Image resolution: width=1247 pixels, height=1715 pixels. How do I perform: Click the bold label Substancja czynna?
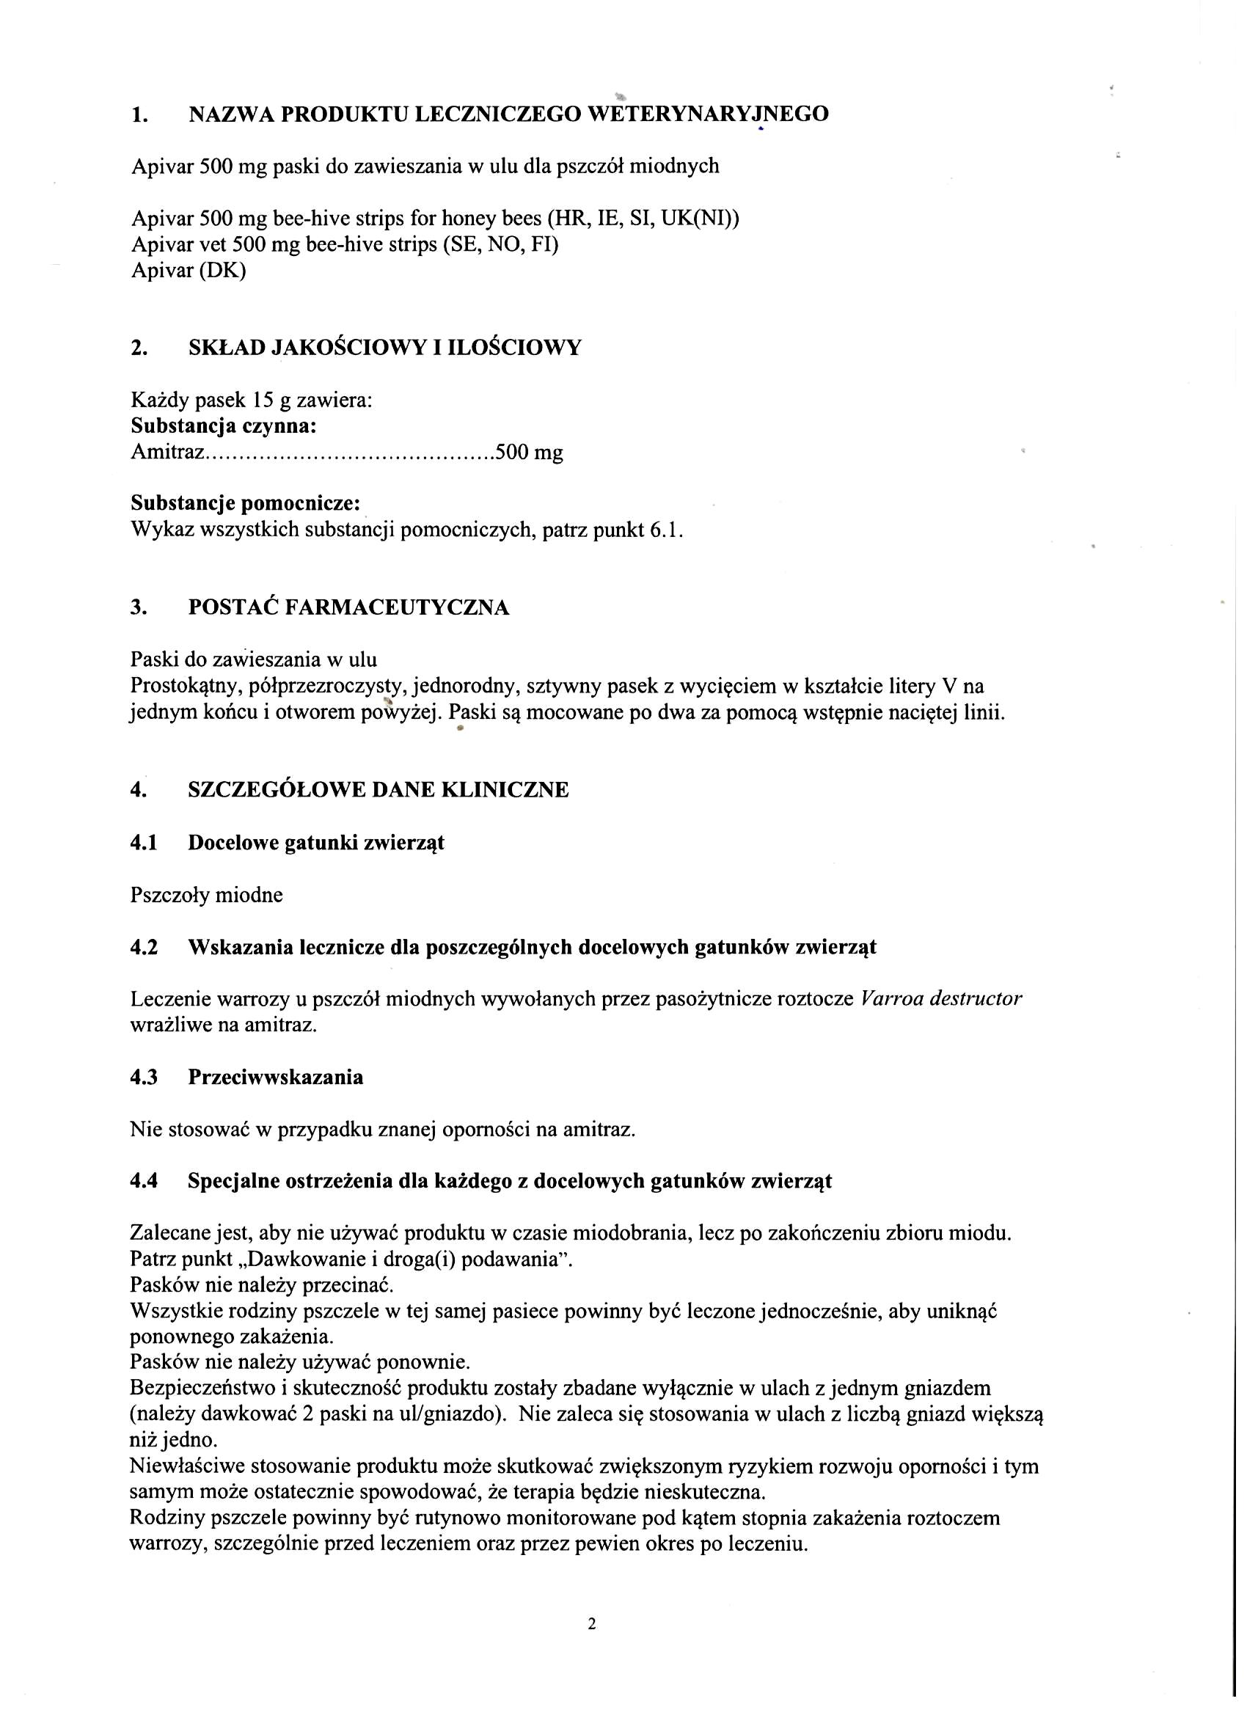(x=223, y=426)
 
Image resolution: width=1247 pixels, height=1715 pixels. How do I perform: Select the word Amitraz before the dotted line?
(x=167, y=452)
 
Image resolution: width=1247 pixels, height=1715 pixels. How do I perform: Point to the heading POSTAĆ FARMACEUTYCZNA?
(x=348, y=607)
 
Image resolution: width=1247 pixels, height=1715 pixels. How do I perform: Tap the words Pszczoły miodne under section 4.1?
(x=206, y=895)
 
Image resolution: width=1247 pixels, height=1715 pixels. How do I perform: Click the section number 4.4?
(x=144, y=1180)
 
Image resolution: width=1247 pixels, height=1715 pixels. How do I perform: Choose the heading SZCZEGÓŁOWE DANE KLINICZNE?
(x=378, y=790)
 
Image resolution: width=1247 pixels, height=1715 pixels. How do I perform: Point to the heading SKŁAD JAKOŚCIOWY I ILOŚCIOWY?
(x=385, y=348)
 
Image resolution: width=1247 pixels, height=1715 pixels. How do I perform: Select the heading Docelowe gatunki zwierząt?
(x=316, y=842)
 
